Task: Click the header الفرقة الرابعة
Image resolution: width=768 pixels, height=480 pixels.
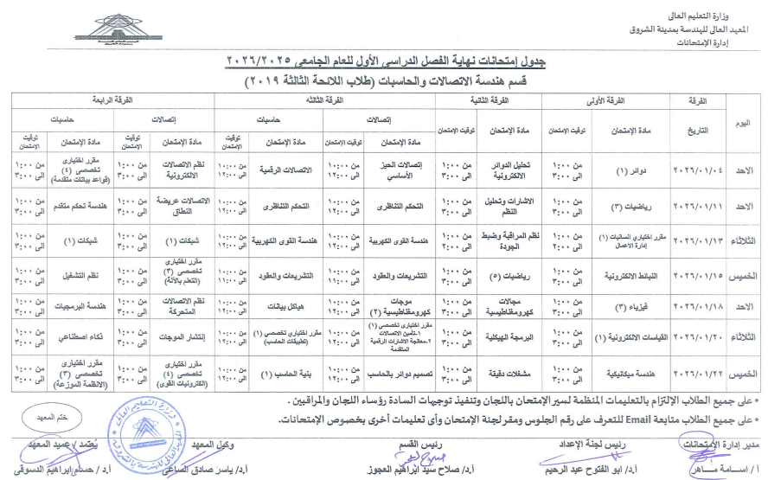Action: click(112, 101)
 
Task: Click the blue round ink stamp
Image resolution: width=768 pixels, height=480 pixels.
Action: click(146, 436)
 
